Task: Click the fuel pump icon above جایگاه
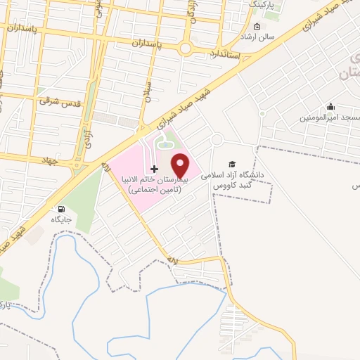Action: coord(61,209)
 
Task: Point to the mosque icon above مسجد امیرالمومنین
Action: coord(330,108)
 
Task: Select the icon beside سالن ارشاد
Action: coord(257,27)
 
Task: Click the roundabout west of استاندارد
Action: coord(186,49)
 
